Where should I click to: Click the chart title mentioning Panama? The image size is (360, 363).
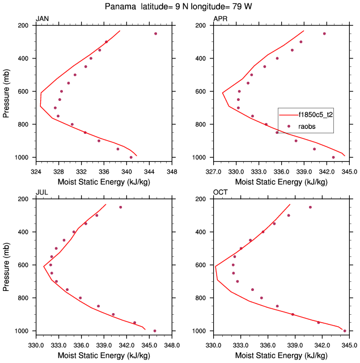pos(180,7)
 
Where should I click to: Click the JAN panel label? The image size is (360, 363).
pos(43,19)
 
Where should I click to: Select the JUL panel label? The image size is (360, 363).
pos(42,193)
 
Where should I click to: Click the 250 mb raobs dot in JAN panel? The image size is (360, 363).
pos(155,33)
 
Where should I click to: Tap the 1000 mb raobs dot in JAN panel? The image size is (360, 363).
pos(131,157)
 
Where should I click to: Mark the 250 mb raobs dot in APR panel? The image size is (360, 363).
pos(324,33)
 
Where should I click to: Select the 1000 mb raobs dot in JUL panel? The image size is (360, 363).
pos(155,331)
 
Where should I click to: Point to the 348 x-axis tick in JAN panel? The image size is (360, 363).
pos(172,170)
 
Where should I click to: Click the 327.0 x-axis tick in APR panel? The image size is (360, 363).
pos(213,170)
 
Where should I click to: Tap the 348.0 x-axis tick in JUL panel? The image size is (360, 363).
pos(172,344)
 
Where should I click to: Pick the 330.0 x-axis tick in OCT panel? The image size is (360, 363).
pos(213,344)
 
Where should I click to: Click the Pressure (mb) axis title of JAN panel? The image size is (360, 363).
pos(6,91)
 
